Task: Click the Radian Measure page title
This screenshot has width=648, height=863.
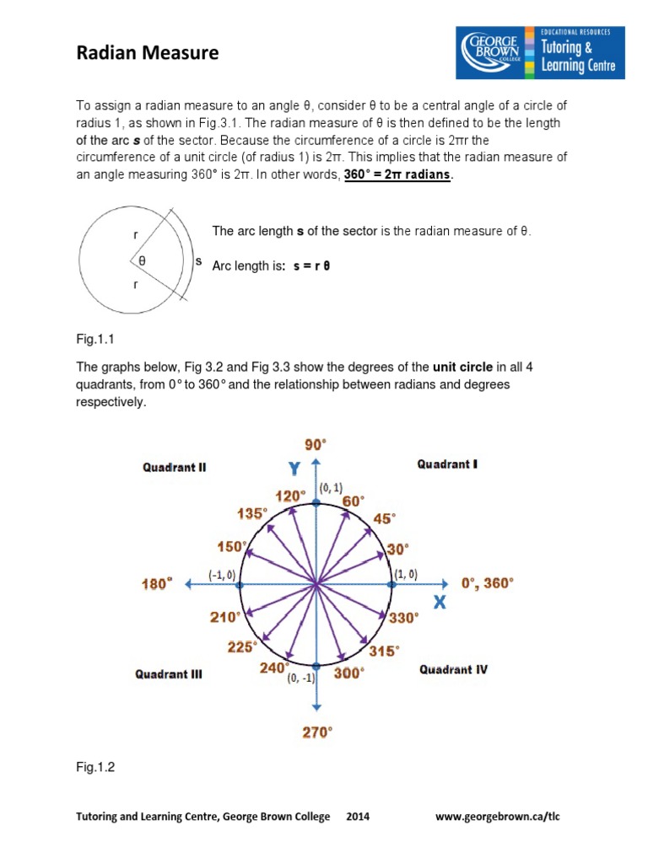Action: [147, 54]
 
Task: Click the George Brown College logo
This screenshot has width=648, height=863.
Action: [540, 52]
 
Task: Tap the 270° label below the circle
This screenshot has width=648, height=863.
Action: [317, 732]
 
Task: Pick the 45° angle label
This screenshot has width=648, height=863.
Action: [383, 519]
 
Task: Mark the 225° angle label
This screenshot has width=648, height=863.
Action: [241, 647]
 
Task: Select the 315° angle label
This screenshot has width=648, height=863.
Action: [384, 651]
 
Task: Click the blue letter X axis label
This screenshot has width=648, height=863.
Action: [440, 603]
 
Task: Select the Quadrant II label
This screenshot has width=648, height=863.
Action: [174, 466]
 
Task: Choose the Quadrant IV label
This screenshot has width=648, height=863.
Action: [453, 670]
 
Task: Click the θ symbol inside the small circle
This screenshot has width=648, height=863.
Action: [142, 261]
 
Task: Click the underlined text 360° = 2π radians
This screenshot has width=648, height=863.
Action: [398, 174]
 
